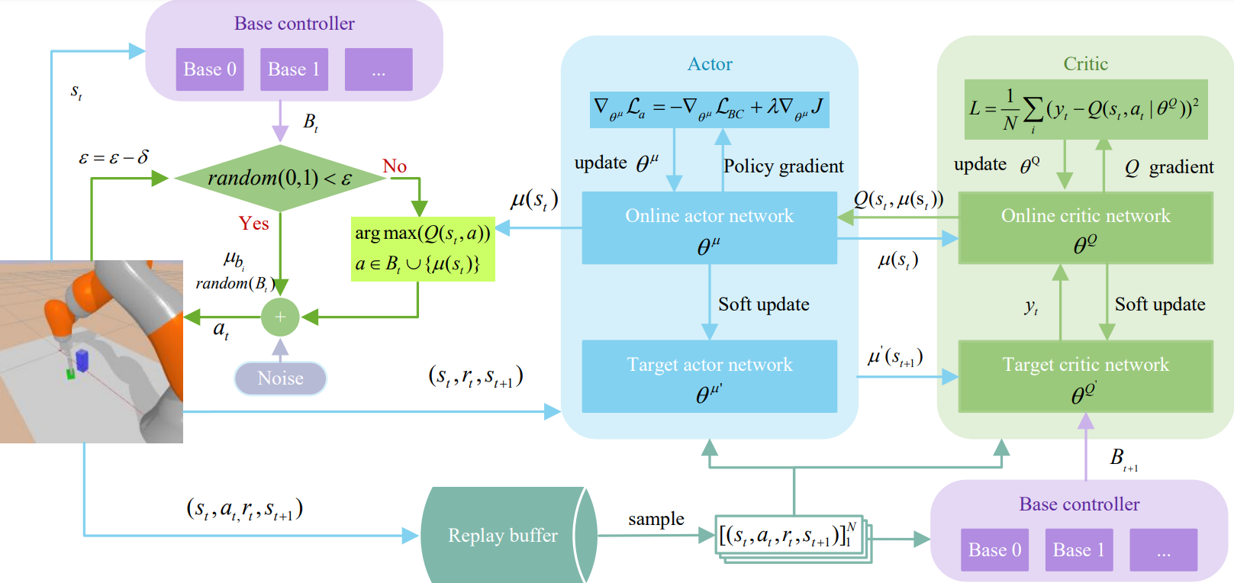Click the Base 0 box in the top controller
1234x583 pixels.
tap(210, 69)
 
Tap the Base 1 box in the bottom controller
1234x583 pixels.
tap(1079, 550)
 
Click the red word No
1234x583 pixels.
tap(395, 166)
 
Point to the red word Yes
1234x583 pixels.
tap(253, 224)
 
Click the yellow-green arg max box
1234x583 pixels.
tap(423, 249)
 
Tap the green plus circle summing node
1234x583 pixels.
tap(280, 317)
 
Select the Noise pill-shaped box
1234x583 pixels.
tap(281, 378)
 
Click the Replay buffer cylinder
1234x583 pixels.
tap(504, 536)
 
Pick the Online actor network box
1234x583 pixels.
tap(709, 227)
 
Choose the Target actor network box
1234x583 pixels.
tap(709, 376)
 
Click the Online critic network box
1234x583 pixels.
tap(1085, 227)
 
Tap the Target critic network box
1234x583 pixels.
tap(1085, 376)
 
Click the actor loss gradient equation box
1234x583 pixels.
tap(709, 110)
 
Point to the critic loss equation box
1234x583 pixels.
tap(1085, 110)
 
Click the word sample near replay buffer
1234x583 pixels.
tap(656, 519)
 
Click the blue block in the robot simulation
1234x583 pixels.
tap(82, 360)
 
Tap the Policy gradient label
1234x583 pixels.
tap(783, 166)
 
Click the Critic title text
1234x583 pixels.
tap(1085, 64)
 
